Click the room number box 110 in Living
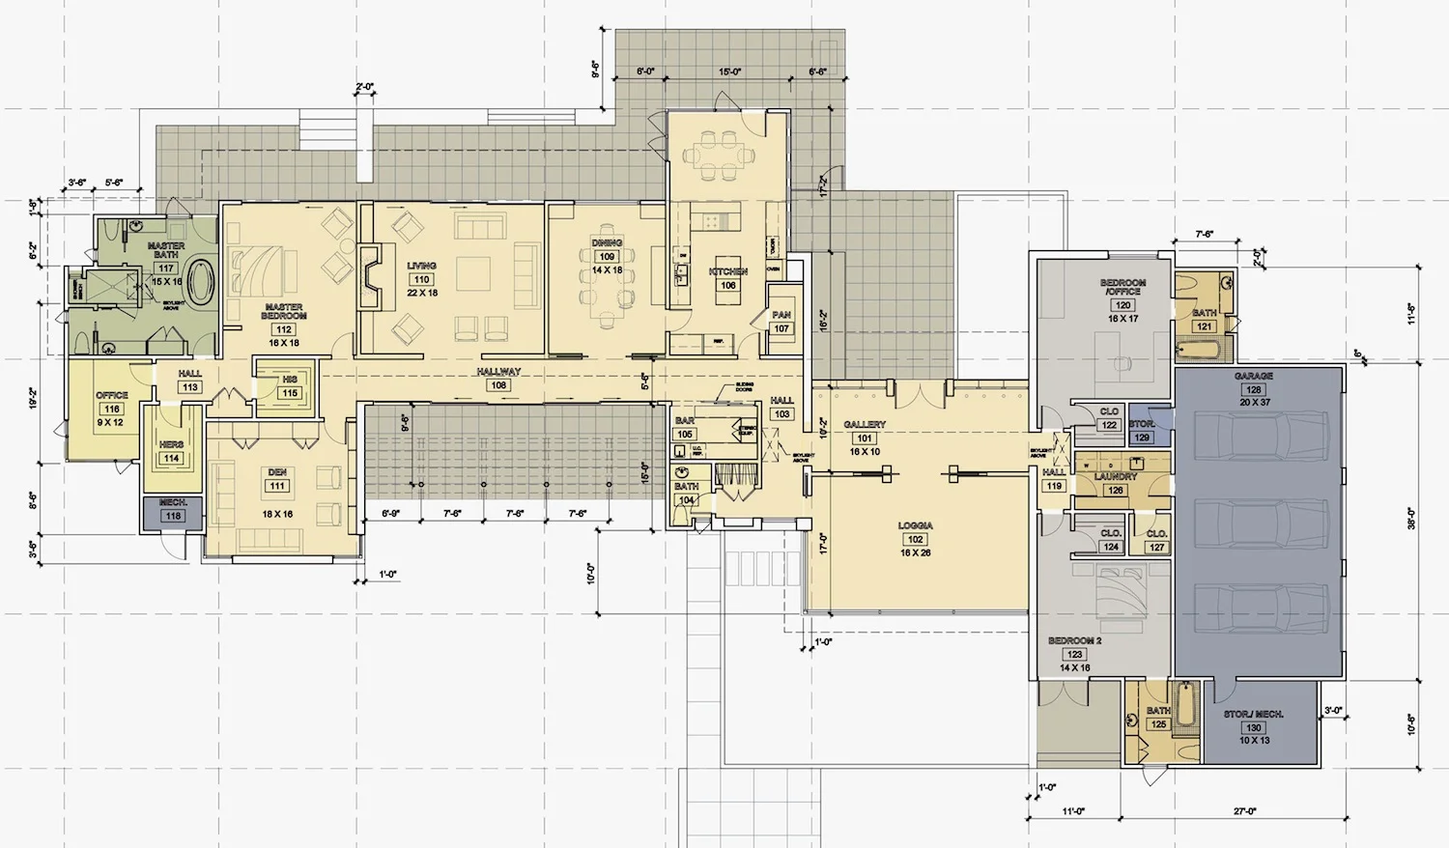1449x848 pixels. (x=421, y=279)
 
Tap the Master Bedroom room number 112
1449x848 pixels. (x=283, y=329)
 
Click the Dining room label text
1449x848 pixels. (x=607, y=242)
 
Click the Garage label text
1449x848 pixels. (x=1253, y=376)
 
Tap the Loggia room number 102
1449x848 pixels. (x=915, y=540)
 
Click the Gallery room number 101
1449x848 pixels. (x=865, y=438)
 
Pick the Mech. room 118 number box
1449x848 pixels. (x=173, y=516)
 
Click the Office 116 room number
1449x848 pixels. (x=112, y=409)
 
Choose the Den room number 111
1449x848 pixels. (x=277, y=486)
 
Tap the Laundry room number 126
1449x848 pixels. (x=1116, y=490)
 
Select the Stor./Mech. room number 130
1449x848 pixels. (x=1254, y=727)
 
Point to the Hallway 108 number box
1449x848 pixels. (x=498, y=384)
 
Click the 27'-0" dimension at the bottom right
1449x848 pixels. (x=1245, y=811)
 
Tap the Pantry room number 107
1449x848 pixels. (x=781, y=328)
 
